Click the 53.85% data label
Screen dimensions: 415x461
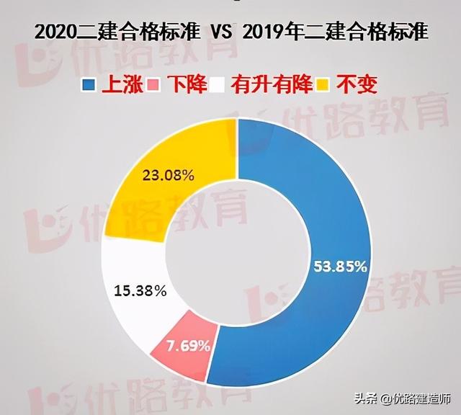pos(341,266)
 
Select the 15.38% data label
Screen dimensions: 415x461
pos(140,291)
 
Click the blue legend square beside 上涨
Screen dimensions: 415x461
pos(89,84)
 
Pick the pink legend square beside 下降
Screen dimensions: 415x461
pos(152,84)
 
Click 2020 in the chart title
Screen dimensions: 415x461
pos(53,32)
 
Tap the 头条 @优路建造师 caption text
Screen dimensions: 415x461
pos(408,398)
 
